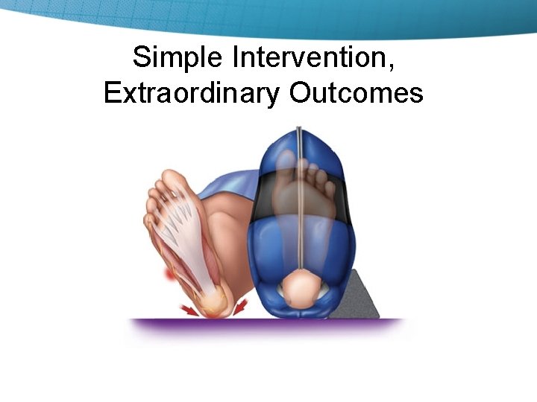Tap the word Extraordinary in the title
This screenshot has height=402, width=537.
192,93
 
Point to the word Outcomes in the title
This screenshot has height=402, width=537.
357,93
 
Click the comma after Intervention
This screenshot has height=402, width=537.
392,67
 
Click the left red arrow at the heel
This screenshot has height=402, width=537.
191,308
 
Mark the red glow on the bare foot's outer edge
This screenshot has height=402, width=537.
170,276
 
